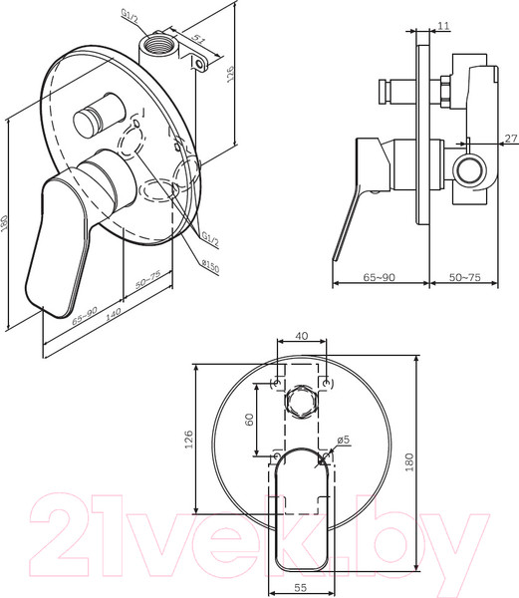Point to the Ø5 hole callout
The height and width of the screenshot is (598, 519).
click(x=344, y=440)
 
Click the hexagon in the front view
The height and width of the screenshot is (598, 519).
click(x=302, y=403)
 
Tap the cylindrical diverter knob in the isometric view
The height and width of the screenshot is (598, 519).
click(x=93, y=117)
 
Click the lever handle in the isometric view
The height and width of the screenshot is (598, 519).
click(x=56, y=239)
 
